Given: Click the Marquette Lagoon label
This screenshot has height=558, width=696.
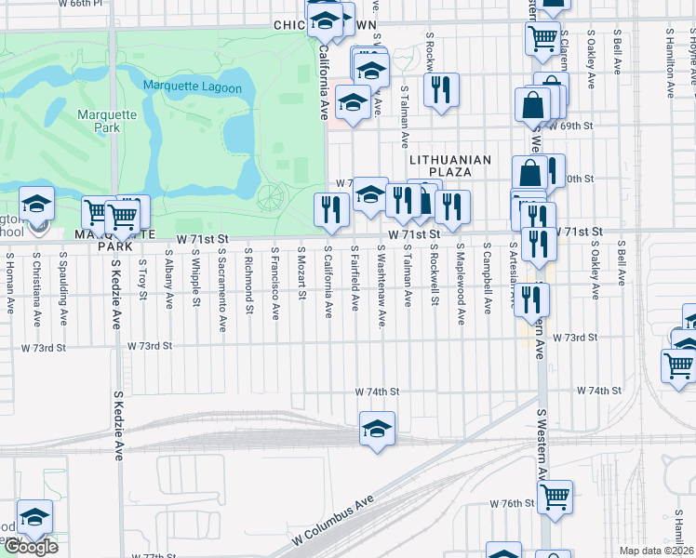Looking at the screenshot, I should pos(193,88).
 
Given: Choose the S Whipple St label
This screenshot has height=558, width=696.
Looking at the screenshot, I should pos(195,276).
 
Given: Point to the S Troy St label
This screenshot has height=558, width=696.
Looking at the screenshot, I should pos(142,276).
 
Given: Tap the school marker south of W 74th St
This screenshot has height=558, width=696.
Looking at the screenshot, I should pos(377,429).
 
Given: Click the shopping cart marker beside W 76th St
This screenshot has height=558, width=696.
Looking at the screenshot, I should pos(555,497).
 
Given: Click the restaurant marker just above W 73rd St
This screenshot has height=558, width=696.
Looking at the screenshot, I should pos(531,299).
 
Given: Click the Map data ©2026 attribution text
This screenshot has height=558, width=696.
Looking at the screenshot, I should pos(657,551).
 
